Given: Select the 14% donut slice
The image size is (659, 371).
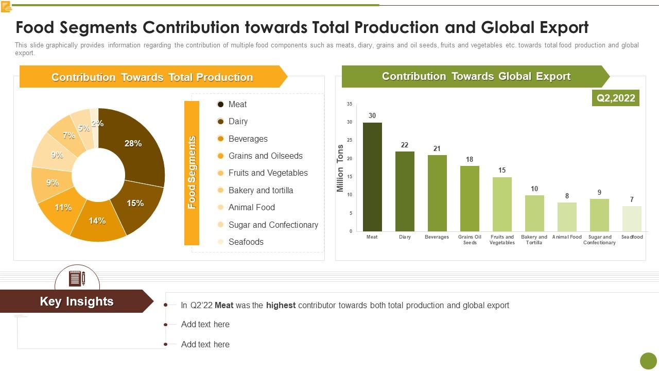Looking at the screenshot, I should coord(98,224).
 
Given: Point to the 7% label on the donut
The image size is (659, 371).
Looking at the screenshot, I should coord(68,136).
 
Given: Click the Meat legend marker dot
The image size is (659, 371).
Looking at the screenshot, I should coord(220,104).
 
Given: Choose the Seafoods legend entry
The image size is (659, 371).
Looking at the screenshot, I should coord(246,242).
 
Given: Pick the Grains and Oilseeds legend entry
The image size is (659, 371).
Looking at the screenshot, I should coord(265,156).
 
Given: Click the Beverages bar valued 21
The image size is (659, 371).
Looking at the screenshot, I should coord(437,193).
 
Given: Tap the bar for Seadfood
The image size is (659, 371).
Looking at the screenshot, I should coord(632,218).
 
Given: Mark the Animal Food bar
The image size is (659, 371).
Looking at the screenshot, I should coord(567,217).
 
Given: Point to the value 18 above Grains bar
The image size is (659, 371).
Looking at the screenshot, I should coord(470,159).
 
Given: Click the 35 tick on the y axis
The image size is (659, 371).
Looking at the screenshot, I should coord(350,104).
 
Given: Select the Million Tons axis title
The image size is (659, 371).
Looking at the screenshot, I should coord(340,168).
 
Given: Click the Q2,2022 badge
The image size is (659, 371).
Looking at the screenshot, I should coord(616,98).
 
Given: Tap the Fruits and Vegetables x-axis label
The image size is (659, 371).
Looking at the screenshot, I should coord(502,240).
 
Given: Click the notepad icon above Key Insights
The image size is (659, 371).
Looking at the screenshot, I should coord(77,279).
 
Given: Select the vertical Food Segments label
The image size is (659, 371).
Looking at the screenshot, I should coord(192,173).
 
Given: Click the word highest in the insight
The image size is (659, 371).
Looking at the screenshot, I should coord(281,305).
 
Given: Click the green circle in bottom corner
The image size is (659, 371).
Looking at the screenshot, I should coord(648,361).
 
